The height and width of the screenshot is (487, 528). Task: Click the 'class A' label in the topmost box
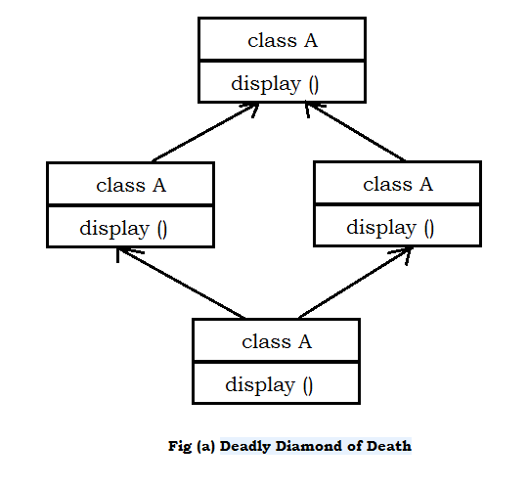(x=283, y=41)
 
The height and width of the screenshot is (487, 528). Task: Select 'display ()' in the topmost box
(x=275, y=84)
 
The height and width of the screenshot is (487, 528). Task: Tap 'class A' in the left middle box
(x=131, y=185)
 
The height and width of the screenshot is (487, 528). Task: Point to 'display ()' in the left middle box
(x=123, y=229)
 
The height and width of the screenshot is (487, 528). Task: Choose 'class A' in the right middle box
(x=398, y=184)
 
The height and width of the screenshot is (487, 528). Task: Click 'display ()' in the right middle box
(x=390, y=228)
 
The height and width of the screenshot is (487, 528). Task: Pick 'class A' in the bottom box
(x=277, y=341)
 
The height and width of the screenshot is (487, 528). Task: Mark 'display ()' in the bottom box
(x=269, y=385)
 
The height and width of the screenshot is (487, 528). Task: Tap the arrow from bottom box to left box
(x=181, y=283)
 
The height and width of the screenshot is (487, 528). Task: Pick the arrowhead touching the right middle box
(x=403, y=254)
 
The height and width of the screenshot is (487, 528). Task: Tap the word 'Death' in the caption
(x=389, y=447)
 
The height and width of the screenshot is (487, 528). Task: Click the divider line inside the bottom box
(x=276, y=362)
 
